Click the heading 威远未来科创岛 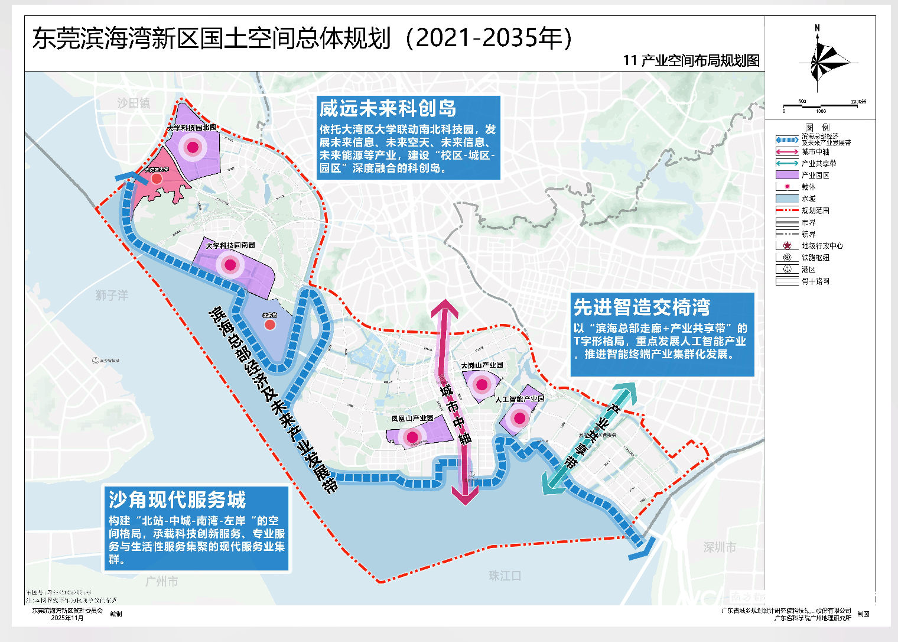388,109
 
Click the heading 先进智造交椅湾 642,307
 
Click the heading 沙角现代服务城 177,500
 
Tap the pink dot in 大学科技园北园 193,147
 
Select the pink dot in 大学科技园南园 230,265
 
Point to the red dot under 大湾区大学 157,178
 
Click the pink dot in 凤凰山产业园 412,437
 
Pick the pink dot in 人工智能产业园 519,419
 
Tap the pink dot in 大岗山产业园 482,385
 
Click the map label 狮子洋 112,295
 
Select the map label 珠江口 505,576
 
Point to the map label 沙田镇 134,103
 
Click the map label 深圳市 720,547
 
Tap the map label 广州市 161,582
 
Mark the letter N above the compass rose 818,28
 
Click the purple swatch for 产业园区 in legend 787,175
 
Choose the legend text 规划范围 815,210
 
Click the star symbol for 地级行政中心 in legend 787,245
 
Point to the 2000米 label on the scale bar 858,102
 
